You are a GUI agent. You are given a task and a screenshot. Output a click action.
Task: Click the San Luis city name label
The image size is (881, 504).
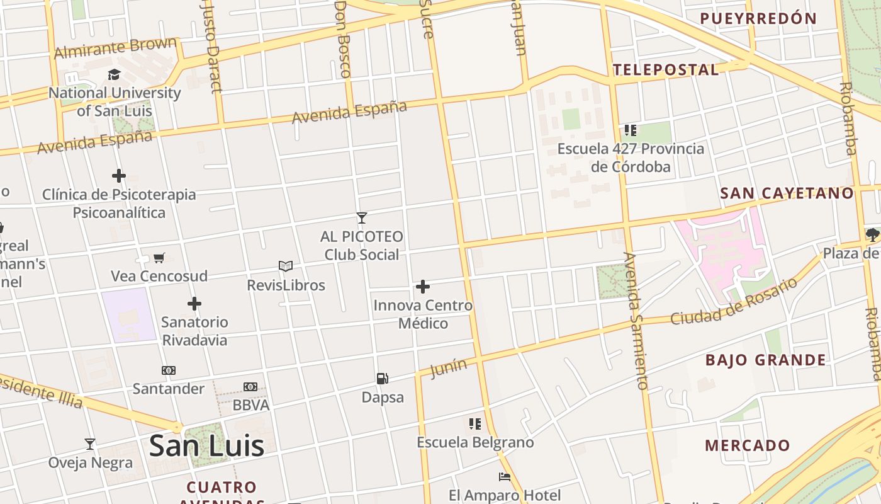[x=206, y=445]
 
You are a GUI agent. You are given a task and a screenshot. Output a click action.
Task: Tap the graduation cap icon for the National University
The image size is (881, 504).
[x=114, y=75]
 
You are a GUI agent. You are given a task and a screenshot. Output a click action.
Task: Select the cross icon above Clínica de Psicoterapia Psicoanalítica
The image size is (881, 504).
[x=119, y=176]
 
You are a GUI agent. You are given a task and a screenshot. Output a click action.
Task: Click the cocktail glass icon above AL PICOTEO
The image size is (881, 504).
[x=361, y=218]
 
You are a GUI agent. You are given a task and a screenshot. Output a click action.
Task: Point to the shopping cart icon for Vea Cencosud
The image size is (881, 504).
[x=159, y=258]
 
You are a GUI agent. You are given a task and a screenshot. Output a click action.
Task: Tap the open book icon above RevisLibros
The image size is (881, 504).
[x=286, y=266]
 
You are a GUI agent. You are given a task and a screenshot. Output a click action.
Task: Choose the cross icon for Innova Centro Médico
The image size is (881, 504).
[x=423, y=287]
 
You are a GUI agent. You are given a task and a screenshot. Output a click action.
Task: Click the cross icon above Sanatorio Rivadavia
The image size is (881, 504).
[x=194, y=304]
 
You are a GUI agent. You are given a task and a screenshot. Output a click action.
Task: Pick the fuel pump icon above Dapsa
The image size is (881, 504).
[x=382, y=378]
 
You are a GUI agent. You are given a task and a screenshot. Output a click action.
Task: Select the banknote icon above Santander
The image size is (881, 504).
[x=169, y=370]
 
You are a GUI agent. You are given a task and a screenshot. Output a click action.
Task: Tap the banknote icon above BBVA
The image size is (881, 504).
[x=250, y=386]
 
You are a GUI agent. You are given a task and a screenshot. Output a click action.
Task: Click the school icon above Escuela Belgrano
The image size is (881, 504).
[x=475, y=423]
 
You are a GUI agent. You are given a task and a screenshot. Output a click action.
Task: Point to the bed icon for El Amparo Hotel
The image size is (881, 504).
[x=505, y=476]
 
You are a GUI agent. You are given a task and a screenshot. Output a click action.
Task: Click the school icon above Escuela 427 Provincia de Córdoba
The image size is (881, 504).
[x=631, y=130]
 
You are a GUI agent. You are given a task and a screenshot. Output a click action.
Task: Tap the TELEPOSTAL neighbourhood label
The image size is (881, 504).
[x=666, y=70]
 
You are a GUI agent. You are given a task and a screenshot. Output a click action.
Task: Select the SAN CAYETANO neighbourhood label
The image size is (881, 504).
[x=787, y=193]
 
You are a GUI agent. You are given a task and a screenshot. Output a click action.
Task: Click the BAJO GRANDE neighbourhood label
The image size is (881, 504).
[x=765, y=360]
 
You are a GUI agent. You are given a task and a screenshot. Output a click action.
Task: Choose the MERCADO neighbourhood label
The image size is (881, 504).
[x=747, y=445]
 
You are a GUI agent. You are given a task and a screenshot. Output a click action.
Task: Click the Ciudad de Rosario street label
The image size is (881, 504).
[x=733, y=302]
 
